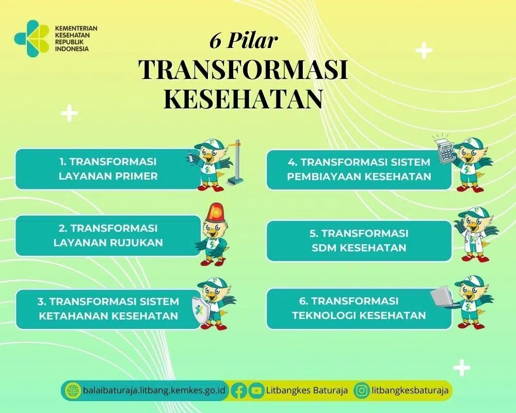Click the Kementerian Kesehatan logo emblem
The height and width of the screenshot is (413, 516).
click(x=31, y=38)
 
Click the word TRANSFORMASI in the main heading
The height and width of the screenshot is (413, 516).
click(x=243, y=70)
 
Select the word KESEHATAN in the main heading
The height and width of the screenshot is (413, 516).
click(x=243, y=98)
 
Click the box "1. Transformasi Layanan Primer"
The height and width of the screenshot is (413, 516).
click(x=108, y=169)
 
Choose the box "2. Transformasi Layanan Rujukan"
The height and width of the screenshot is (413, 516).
click(x=108, y=235)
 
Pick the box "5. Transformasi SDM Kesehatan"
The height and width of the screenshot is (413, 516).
click(x=359, y=241)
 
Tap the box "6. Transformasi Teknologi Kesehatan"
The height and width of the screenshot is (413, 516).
click(x=359, y=308)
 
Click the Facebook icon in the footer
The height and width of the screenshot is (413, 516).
click(x=239, y=391)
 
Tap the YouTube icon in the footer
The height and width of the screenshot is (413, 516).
click(x=256, y=391)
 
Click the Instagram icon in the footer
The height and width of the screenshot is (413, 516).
click(x=362, y=391)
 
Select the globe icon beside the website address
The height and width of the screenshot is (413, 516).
click(x=73, y=391)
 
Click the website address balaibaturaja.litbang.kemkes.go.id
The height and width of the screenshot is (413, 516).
click(x=154, y=391)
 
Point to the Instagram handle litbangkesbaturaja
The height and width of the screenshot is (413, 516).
click(x=410, y=391)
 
